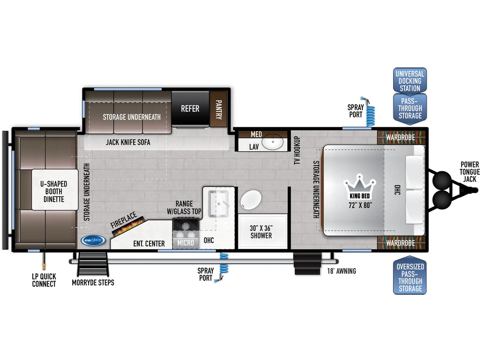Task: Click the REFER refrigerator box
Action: click(x=190, y=108)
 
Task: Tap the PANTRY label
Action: click(x=218, y=109)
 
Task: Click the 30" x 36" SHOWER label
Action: click(x=261, y=232)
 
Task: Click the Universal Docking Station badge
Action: click(x=410, y=81)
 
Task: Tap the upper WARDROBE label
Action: click(x=400, y=137)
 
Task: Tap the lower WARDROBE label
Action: click(x=400, y=243)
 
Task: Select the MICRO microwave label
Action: click(x=186, y=243)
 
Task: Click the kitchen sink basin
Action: click(x=218, y=203)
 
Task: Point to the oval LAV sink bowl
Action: click(x=273, y=142)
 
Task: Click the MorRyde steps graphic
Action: click(x=93, y=264)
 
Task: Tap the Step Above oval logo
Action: click(x=93, y=240)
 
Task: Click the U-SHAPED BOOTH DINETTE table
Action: click(x=54, y=189)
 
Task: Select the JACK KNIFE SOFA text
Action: click(x=128, y=142)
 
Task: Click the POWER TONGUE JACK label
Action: click(x=470, y=172)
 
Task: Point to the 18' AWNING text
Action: click(x=341, y=271)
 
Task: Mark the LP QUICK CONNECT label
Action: click(x=44, y=280)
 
